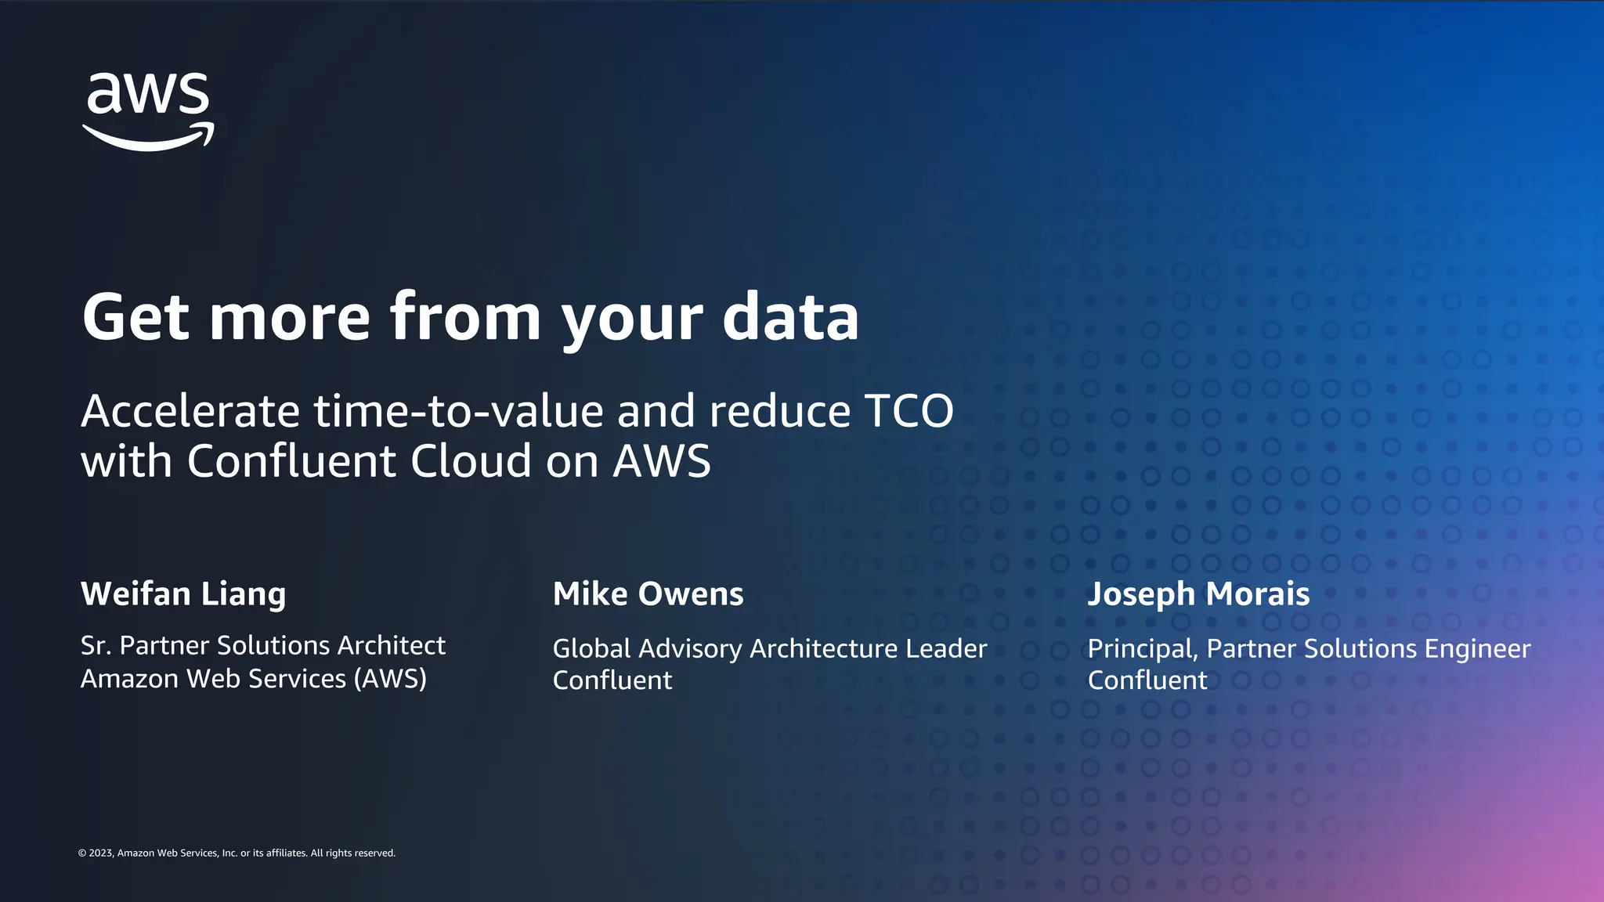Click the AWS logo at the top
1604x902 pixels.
(x=148, y=111)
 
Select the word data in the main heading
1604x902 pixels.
(x=790, y=317)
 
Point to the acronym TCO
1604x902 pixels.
(x=909, y=411)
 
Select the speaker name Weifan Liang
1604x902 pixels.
(x=183, y=594)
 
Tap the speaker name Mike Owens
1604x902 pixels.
(x=648, y=594)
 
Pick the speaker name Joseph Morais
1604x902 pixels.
(x=1198, y=594)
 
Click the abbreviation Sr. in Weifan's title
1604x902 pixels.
(x=96, y=646)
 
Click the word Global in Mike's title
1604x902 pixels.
(x=591, y=649)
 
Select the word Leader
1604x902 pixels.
(x=946, y=649)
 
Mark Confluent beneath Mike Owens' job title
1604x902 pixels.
(x=612, y=680)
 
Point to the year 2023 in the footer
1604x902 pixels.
(x=101, y=853)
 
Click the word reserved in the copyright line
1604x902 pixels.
(x=375, y=853)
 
